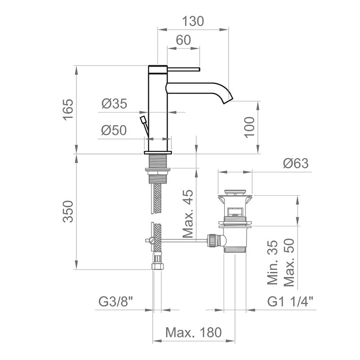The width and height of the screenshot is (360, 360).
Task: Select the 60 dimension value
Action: click(x=183, y=40)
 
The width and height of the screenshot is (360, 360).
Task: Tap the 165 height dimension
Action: click(x=67, y=109)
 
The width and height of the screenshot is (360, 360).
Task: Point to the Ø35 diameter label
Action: click(x=114, y=104)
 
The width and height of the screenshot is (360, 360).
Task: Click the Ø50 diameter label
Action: click(x=114, y=130)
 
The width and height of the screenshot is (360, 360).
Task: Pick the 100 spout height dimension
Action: click(x=250, y=127)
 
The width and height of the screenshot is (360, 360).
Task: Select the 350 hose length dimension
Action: click(x=67, y=211)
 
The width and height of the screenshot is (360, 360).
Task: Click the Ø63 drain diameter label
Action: click(x=296, y=163)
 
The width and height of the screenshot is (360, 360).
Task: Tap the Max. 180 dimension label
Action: click(x=193, y=333)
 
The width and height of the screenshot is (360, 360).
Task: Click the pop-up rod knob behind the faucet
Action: click(x=143, y=120)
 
